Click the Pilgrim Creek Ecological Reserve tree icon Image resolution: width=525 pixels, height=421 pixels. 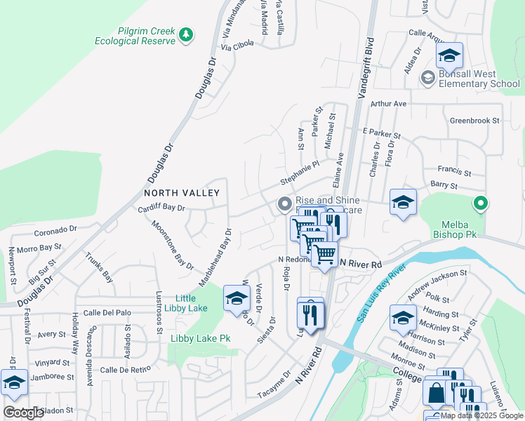pyautogui.click(x=185, y=34)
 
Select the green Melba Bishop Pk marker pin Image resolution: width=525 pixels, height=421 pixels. pyautogui.click(x=480, y=204)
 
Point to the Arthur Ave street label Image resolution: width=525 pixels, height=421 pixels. pyautogui.click(x=389, y=104)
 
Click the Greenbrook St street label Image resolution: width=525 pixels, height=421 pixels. pyautogui.click(x=474, y=120)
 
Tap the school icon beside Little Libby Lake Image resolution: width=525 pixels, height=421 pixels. pyautogui.click(x=237, y=298)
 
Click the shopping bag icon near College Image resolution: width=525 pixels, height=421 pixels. pyautogui.click(x=436, y=395)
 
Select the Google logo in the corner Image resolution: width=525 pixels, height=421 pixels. pyautogui.click(x=23, y=413)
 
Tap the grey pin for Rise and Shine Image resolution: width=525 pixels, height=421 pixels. pyautogui.click(x=284, y=205)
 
